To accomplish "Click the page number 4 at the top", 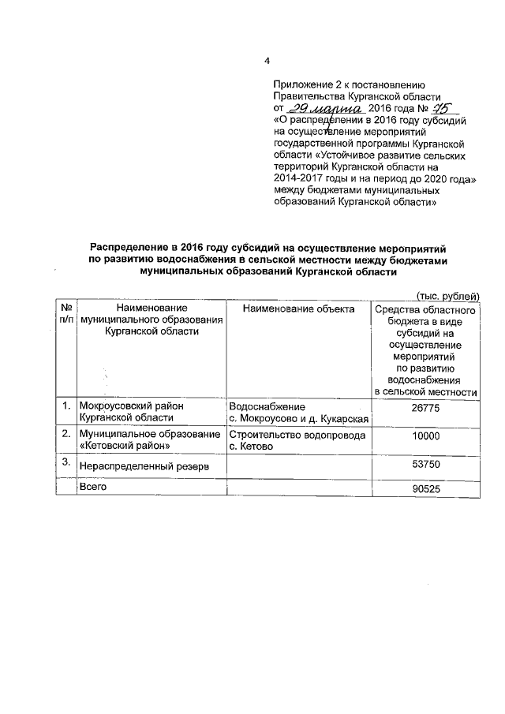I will pos(267,62).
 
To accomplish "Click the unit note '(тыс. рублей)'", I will pos(447,295).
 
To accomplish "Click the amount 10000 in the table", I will pos(426,436).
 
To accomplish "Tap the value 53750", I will pos(426,465).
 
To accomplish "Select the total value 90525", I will pos(426,489).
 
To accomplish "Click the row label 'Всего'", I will pos(92,487).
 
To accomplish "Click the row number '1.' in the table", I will pos(67,406).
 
